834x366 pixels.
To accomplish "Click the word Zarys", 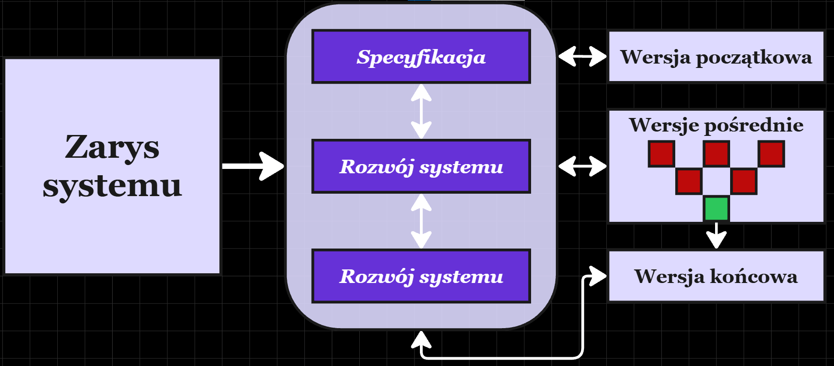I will pyautogui.click(x=112, y=147).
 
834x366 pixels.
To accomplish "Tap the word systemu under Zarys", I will pyautogui.click(x=112, y=186).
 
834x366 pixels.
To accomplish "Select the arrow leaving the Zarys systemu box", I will pyautogui.click(x=252, y=166).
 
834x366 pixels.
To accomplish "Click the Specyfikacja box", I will pyautogui.click(x=421, y=57).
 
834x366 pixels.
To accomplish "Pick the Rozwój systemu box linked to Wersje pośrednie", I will pyautogui.click(x=421, y=166).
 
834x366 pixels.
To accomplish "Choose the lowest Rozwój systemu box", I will pyautogui.click(x=421, y=276).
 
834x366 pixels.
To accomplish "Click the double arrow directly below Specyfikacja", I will pyautogui.click(x=421, y=111).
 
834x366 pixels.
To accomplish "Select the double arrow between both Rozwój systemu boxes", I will pyautogui.click(x=421, y=221).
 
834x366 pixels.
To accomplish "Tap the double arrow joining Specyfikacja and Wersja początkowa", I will pyautogui.click(x=582, y=56).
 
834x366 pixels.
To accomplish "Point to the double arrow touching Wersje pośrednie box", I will pyautogui.click(x=582, y=166).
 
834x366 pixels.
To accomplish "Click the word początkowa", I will pyautogui.click(x=753, y=58).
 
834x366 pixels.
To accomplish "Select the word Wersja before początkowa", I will pyautogui.click(x=655, y=57).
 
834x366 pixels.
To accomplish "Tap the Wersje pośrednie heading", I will pyautogui.click(x=716, y=125).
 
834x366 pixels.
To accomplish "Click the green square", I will pyautogui.click(x=716, y=209).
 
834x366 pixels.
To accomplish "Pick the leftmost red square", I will pyautogui.click(x=661, y=154).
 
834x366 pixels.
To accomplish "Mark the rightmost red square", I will pyautogui.click(x=771, y=154).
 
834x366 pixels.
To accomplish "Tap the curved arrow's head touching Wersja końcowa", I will pyautogui.click(x=598, y=276).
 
